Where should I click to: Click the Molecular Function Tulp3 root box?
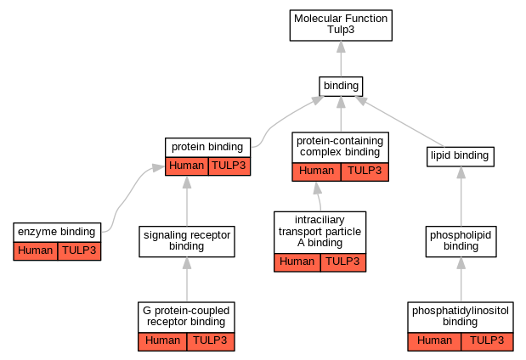point(341,25)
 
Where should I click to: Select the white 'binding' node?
point(341,86)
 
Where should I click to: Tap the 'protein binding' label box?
point(208,147)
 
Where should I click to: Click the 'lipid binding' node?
point(460,155)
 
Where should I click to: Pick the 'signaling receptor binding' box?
point(186,241)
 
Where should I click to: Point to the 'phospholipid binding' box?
point(461,241)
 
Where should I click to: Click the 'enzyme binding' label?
point(57,232)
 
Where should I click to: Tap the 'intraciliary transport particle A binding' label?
point(320,232)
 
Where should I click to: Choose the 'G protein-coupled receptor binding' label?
point(186,317)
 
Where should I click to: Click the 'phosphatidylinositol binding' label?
point(461,317)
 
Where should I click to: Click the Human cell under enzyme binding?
point(36,250)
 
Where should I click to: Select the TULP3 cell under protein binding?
point(229,166)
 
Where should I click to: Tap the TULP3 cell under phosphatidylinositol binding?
point(487,341)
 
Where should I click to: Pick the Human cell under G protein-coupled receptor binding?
point(162,341)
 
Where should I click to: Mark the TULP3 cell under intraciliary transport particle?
point(342,262)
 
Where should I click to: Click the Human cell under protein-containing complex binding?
point(316,172)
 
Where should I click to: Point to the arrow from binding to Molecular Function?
point(341,59)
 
